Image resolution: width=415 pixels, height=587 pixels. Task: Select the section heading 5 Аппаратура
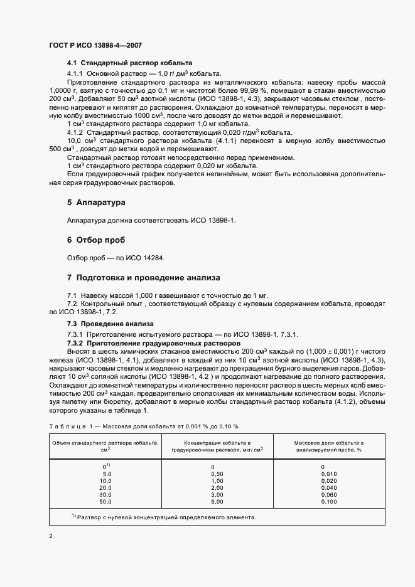(x=96, y=203)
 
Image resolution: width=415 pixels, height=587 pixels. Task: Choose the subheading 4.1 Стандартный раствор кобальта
(x=129, y=63)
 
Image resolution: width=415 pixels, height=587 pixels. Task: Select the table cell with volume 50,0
(x=105, y=502)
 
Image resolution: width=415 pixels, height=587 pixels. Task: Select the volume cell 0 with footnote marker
(x=105, y=467)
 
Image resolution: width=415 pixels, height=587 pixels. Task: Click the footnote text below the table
(x=163, y=517)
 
